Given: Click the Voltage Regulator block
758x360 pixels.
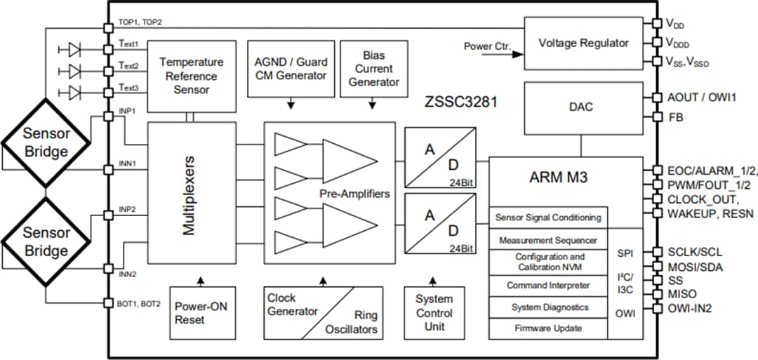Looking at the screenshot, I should coord(583,43).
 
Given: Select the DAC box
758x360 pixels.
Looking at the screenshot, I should coord(581,107).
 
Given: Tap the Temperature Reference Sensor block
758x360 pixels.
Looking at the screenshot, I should coord(181,76).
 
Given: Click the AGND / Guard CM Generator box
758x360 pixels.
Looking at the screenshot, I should coord(290,69).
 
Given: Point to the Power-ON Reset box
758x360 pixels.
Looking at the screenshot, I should coord(201,312).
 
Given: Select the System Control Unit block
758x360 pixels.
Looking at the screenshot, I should coord(434,312).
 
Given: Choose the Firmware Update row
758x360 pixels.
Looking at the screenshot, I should coord(548,328).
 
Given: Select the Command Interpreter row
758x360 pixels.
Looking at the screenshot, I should coord(548,286).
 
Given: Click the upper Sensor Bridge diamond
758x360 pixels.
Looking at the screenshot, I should coord(46,142).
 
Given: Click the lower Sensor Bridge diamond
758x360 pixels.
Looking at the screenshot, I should coord(46,241).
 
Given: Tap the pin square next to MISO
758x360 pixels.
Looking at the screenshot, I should coord(656,293).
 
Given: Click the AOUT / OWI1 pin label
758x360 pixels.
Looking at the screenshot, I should coord(702,98).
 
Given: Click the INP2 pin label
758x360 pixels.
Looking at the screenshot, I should coord(127,209).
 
